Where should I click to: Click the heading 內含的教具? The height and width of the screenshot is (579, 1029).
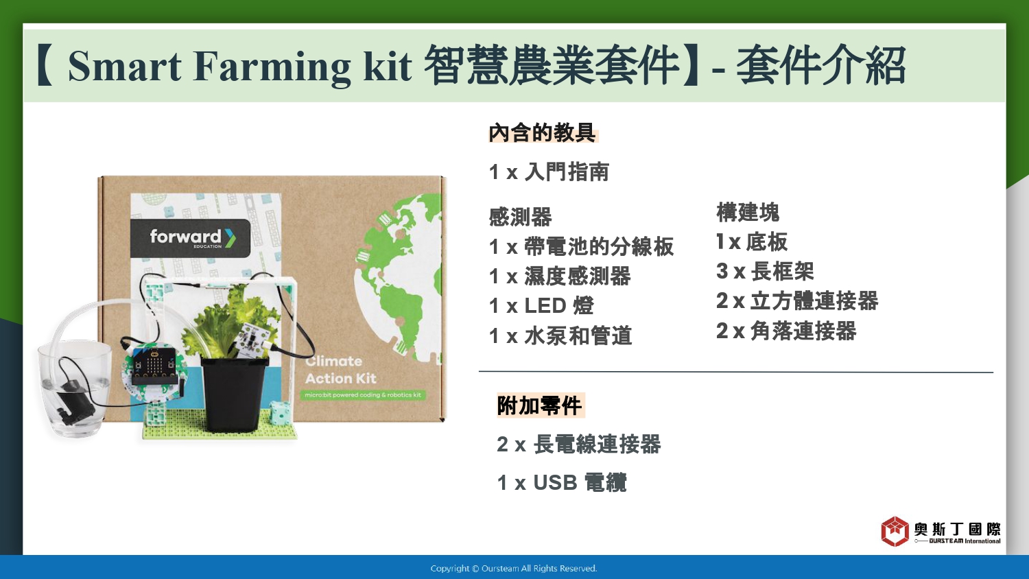click(543, 133)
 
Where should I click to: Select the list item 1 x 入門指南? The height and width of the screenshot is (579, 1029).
click(549, 172)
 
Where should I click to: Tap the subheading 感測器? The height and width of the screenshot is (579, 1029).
click(521, 217)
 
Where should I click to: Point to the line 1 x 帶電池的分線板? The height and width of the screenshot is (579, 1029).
click(581, 247)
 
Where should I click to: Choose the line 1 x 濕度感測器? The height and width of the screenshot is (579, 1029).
click(560, 276)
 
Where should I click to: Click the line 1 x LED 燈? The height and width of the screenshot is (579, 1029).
click(542, 305)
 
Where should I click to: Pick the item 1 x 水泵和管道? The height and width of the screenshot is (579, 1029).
click(560, 335)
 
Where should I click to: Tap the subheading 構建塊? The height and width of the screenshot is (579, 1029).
click(748, 212)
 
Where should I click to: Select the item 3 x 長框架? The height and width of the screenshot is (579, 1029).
click(765, 271)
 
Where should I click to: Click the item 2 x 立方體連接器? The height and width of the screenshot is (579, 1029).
click(797, 301)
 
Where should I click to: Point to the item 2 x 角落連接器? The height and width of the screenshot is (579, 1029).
click(786, 331)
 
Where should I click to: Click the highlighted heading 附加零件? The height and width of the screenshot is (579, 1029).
click(541, 405)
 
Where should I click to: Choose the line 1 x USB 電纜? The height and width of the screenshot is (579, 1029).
click(562, 483)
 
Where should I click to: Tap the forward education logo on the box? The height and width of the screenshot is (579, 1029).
click(190, 238)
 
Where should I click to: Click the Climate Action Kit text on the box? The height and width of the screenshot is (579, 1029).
click(340, 370)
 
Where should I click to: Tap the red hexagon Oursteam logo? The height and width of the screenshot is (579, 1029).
click(895, 531)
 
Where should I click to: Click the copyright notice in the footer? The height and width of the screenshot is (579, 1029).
click(514, 569)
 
